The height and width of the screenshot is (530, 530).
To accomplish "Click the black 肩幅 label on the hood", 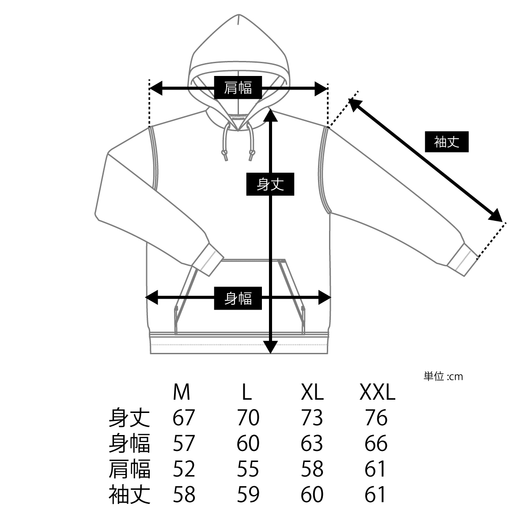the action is (x=238, y=88).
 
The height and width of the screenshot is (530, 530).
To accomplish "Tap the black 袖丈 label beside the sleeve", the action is (x=447, y=142).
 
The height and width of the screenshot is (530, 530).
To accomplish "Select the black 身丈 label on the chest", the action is (x=270, y=184).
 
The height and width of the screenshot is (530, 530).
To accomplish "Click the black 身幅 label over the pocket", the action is (x=238, y=299).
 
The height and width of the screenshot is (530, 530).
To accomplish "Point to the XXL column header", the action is (x=377, y=392).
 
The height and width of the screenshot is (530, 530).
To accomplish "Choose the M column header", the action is (x=182, y=392).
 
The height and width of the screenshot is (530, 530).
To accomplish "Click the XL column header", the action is (x=312, y=392).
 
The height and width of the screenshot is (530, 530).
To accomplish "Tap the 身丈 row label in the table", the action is (x=129, y=418).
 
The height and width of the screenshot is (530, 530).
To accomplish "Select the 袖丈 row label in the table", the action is (x=129, y=495).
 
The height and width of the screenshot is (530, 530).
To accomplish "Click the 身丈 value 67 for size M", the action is (x=184, y=418).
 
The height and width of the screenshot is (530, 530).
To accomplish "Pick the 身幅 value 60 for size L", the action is (x=248, y=443).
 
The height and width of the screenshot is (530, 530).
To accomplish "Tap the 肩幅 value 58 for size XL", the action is (x=312, y=469).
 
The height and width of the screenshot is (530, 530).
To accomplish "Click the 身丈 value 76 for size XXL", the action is (x=376, y=418).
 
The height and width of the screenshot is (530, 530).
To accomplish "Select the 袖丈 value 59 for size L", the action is (x=248, y=495).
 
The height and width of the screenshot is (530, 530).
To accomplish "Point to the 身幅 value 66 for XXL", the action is (x=376, y=443).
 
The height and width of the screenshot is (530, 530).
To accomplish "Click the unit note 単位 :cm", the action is (x=443, y=377).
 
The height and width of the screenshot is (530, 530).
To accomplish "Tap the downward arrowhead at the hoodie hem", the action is (x=270, y=347).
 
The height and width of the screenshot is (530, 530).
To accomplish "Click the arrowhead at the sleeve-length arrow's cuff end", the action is (x=496, y=215).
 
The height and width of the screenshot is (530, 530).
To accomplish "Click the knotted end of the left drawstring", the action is (x=225, y=155).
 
